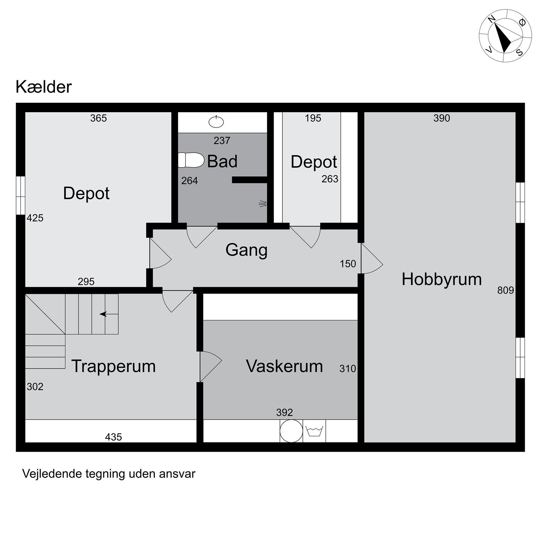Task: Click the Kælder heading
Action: pyautogui.click(x=44, y=87)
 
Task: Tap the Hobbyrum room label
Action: pyautogui.click(x=442, y=280)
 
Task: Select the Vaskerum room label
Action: pyautogui.click(x=284, y=366)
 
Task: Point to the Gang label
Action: pyautogui.click(x=246, y=250)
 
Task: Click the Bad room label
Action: pyautogui.click(x=222, y=161)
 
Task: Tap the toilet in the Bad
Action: pyautogui.click(x=191, y=160)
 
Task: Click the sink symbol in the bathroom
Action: pyautogui.click(x=216, y=121)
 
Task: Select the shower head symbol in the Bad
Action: pyautogui.click(x=263, y=204)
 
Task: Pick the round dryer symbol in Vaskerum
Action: pyautogui.click(x=291, y=431)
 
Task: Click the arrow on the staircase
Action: pyautogui.click(x=109, y=314)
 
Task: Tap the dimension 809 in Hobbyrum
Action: pyautogui.click(x=505, y=290)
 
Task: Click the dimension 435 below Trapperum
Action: pyautogui.click(x=114, y=437)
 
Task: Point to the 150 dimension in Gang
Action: pyautogui.click(x=348, y=264)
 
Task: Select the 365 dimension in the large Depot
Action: pyautogui.click(x=98, y=118)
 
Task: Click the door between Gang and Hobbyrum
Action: pyautogui.click(x=372, y=258)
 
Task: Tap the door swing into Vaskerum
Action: pyautogui.click(x=211, y=366)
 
